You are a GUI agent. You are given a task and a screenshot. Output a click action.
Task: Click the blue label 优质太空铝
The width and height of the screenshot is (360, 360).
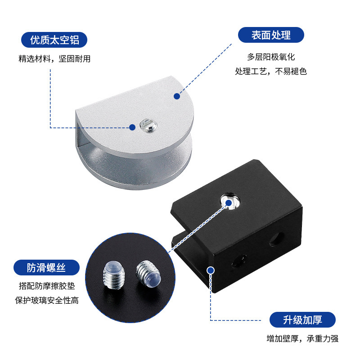54,40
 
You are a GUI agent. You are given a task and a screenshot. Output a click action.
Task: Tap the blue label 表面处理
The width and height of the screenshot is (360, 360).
271,35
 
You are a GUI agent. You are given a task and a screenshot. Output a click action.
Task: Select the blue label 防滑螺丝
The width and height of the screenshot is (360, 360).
46,268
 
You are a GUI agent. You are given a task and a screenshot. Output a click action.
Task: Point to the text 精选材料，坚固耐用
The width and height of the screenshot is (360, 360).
54,59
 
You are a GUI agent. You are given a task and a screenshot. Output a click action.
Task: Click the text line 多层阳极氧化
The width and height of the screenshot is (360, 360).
271,57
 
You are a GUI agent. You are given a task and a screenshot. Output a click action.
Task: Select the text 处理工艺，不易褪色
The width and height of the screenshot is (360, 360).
271,71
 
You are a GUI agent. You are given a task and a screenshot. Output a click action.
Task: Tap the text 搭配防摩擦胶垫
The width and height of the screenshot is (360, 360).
46,286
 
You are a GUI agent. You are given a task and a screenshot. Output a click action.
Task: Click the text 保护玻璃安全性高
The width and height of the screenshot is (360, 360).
46,300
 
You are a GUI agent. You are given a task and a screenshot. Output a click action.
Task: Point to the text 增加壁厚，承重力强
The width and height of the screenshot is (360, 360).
302,339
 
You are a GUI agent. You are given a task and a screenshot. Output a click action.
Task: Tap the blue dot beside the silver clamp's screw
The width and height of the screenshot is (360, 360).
132,127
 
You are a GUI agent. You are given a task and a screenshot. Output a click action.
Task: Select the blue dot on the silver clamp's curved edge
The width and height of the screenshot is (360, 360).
177,96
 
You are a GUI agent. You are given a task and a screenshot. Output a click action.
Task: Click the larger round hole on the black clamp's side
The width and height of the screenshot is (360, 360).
274,238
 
